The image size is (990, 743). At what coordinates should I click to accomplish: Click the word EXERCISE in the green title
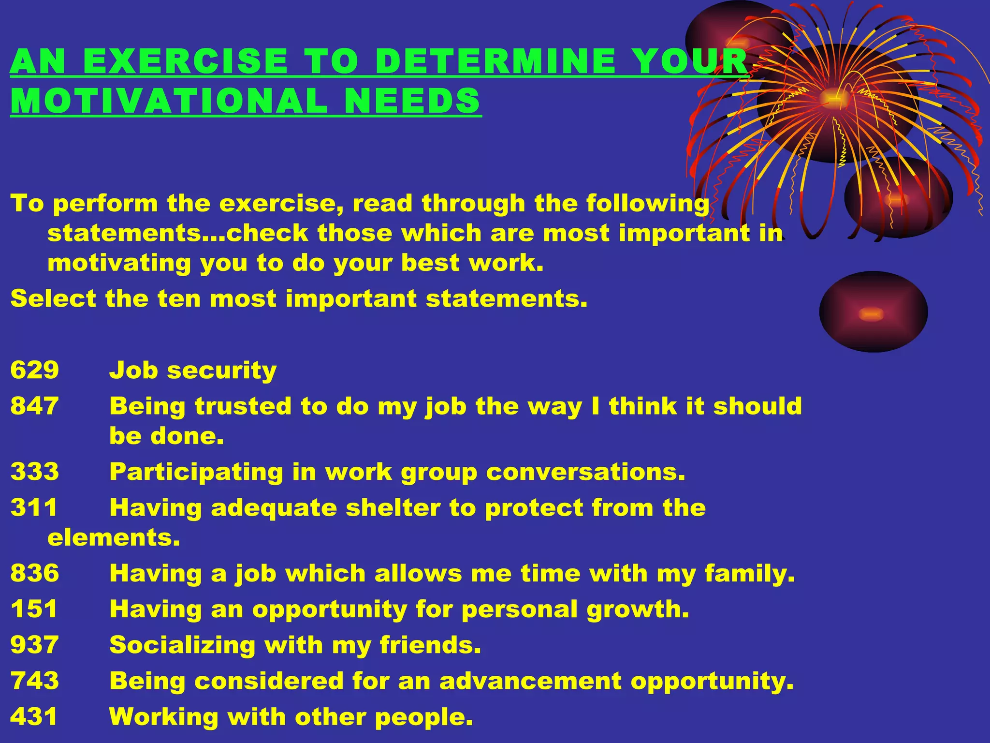pos(185,61)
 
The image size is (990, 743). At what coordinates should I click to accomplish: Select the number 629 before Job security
pos(34,370)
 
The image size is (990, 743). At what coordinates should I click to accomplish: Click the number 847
pos(34,406)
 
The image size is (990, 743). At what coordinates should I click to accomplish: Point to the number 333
pos(34,472)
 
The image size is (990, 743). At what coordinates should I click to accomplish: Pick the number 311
pos(34,507)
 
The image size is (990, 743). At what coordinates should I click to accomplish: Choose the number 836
pos(34,573)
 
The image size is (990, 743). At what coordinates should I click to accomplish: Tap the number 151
pos(34,609)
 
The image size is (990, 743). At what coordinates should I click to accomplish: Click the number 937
pos(34,645)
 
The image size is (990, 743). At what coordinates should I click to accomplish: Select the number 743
pos(34,681)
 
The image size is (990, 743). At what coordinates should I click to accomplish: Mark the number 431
pos(34,716)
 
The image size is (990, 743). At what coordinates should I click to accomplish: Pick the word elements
pos(114,537)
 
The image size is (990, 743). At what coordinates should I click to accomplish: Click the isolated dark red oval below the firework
pos(873,312)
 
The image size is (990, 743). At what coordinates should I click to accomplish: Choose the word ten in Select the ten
pos(178,298)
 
